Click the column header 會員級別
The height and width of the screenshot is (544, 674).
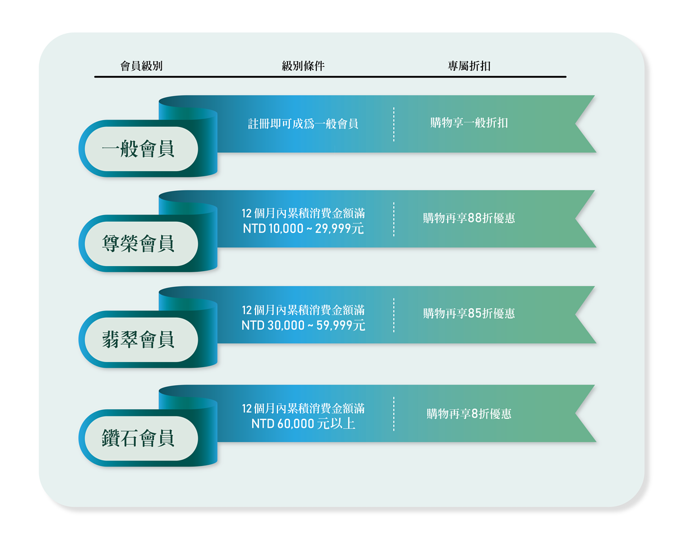142,66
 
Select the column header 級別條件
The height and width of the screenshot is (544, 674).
303,66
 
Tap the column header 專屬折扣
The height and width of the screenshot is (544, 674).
469,66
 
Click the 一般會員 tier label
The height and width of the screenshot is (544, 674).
138,149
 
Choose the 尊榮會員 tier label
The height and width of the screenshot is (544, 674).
138,244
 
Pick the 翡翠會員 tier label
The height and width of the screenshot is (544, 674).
138,340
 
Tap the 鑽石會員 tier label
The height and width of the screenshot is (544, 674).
138,438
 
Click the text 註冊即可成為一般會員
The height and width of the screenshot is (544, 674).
303,124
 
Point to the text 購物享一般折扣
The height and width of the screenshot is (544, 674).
469,123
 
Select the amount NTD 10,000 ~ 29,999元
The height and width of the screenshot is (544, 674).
303,228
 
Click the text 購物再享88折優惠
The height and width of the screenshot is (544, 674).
469,218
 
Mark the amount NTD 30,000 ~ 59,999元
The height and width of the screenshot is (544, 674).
303,325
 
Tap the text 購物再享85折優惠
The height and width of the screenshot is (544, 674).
469,313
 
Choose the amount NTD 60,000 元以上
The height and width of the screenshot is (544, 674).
303,423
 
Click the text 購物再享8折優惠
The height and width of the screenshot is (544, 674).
469,414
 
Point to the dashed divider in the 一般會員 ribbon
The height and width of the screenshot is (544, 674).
394,124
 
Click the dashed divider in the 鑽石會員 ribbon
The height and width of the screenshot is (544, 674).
394,414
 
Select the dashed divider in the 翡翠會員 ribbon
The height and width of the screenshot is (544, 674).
394,315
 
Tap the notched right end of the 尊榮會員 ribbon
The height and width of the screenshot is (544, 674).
584,219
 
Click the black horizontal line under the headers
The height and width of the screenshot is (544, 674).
330,76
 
